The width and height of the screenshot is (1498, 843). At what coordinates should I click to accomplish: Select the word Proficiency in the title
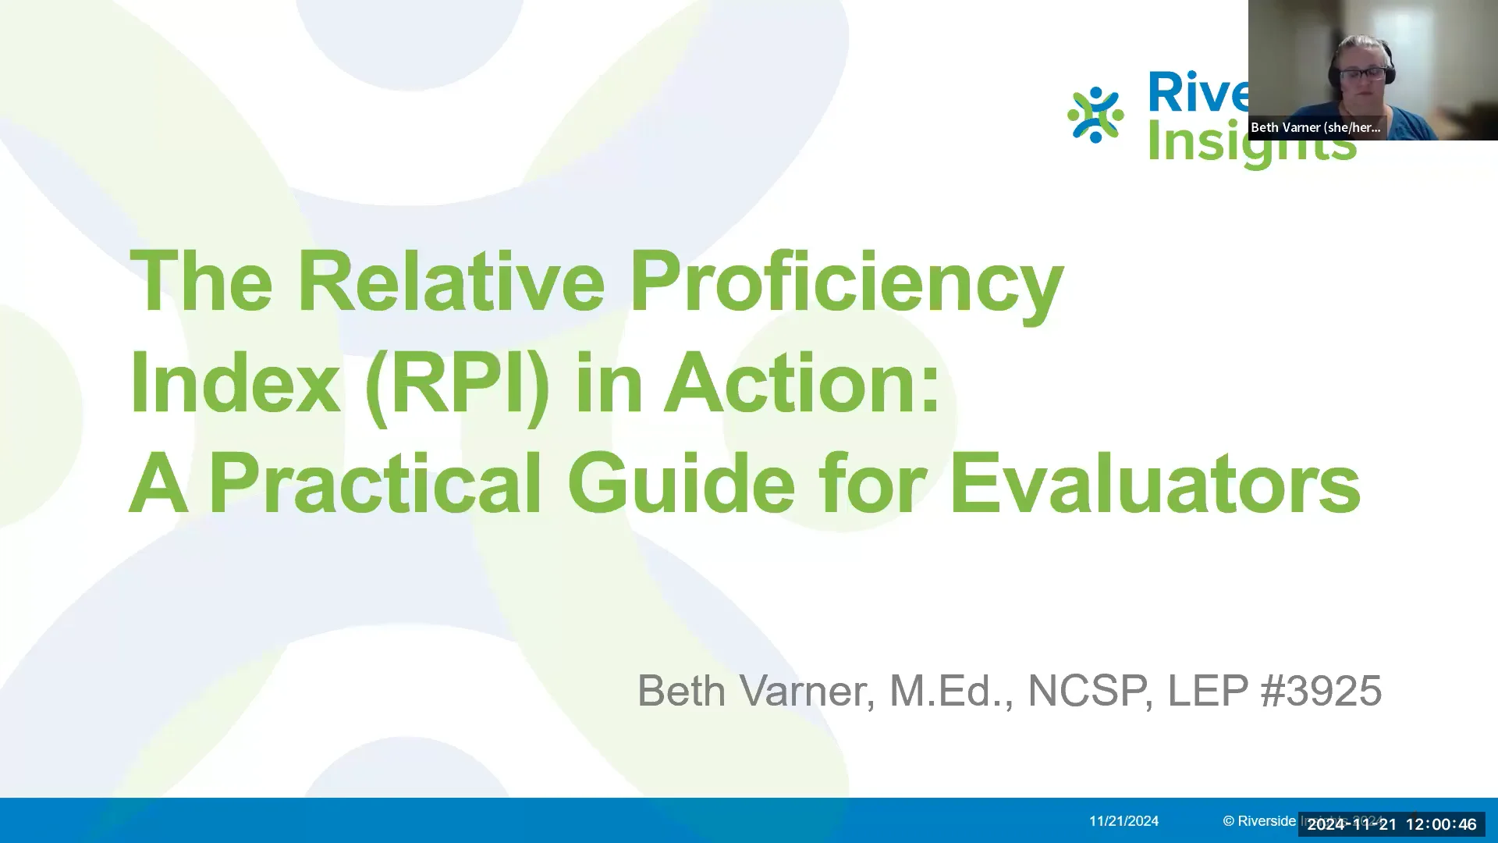[847, 283]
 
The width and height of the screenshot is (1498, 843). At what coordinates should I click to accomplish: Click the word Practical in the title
[375, 486]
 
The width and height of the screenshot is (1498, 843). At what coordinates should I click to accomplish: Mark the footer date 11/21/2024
[1123, 821]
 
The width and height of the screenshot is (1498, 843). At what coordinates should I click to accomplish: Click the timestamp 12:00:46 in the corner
[1441, 824]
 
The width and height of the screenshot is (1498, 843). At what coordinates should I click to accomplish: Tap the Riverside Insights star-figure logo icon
[1095, 116]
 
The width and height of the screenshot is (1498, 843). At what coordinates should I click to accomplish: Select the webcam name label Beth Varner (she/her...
[1315, 127]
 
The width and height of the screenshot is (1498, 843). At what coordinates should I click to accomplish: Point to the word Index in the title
[235, 384]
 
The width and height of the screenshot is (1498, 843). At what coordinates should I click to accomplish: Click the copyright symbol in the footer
[1228, 821]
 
